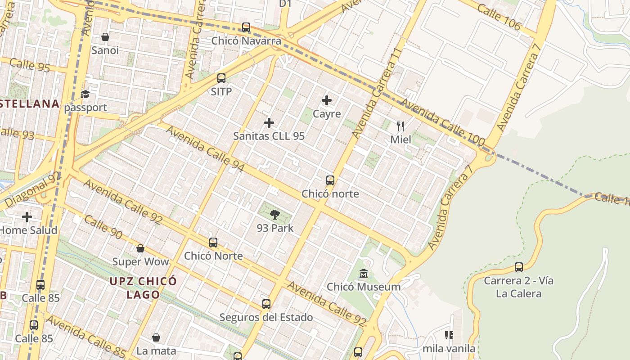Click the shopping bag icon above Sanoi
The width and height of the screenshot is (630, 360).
pyautogui.click(x=105, y=37)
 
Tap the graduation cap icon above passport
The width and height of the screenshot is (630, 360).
pyautogui.click(x=85, y=94)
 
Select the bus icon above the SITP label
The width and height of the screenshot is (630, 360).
pyautogui.click(x=221, y=78)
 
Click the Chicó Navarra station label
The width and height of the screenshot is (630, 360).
pyautogui.click(x=246, y=41)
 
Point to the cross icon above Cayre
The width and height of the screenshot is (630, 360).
pyautogui.click(x=327, y=100)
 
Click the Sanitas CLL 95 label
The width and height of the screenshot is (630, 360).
pyautogui.click(x=269, y=136)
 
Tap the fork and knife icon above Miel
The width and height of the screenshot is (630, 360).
pyautogui.click(x=400, y=126)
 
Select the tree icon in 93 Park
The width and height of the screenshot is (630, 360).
pyautogui.click(x=275, y=215)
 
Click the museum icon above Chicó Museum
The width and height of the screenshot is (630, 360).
pyautogui.click(x=364, y=273)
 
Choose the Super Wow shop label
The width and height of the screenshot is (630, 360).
pyautogui.click(x=140, y=261)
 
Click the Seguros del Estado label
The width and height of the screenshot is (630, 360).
pyautogui.click(x=266, y=317)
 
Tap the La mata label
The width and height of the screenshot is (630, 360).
pyautogui.click(x=156, y=351)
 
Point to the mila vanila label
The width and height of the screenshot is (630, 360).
pyautogui.click(x=449, y=348)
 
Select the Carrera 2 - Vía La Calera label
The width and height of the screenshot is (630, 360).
pyautogui.click(x=518, y=287)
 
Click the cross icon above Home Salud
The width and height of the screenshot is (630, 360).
pyautogui.click(x=27, y=217)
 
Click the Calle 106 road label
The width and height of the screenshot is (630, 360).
pyautogui.click(x=499, y=18)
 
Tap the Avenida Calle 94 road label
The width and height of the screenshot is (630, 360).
pyautogui.click(x=205, y=149)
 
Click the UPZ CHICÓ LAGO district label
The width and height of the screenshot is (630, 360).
pyautogui.click(x=143, y=288)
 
